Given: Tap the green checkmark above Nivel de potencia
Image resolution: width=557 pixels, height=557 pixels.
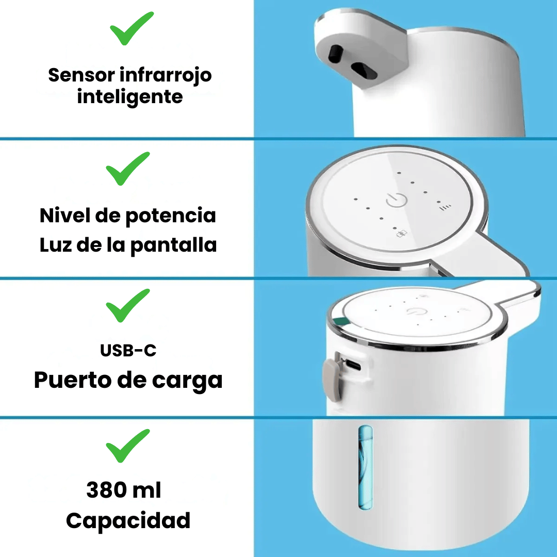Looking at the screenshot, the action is [127, 169].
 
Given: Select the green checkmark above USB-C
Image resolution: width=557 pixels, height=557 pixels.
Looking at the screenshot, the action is [127, 306].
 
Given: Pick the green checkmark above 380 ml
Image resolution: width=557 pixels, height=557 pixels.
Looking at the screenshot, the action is [127, 446].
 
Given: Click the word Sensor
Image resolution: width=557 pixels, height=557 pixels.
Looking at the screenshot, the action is [81, 75].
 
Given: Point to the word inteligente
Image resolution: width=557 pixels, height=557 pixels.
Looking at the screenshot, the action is [130, 97].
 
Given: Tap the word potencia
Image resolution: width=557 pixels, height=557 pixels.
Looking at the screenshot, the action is [171, 216].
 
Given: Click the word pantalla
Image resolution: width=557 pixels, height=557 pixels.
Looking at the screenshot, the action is [174, 245].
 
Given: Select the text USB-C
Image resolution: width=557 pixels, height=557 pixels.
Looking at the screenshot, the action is [128, 351].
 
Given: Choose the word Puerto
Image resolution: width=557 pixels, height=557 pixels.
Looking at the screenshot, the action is [73, 381].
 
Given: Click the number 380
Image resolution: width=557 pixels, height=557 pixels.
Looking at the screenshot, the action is [107, 490].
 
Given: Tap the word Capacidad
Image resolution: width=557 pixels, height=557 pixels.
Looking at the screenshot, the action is [128, 521].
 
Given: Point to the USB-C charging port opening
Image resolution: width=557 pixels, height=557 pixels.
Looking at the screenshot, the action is [353, 365].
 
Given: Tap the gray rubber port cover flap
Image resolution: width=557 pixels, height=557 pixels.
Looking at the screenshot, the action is [333, 380].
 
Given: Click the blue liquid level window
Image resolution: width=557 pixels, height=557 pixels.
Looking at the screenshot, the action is [366, 467].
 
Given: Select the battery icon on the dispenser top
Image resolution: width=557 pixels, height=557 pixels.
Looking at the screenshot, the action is [402, 234].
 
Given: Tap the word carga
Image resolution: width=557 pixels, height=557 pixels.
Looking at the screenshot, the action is [187, 381].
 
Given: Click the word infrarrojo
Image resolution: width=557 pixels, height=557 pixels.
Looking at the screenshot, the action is [166, 76].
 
